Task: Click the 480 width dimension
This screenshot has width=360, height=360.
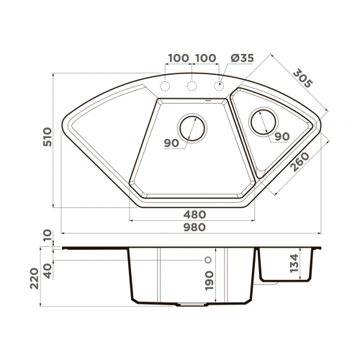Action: click(x=194, y=215)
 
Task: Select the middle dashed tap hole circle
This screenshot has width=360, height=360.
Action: click(x=192, y=87)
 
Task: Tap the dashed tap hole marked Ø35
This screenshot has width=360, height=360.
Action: click(x=219, y=87)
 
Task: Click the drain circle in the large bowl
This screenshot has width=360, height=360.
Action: click(x=192, y=127)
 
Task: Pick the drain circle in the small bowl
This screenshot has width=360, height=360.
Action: click(x=262, y=121)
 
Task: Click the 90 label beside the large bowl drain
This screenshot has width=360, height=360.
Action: click(x=171, y=143)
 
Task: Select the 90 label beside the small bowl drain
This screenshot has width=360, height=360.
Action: click(x=282, y=137)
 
